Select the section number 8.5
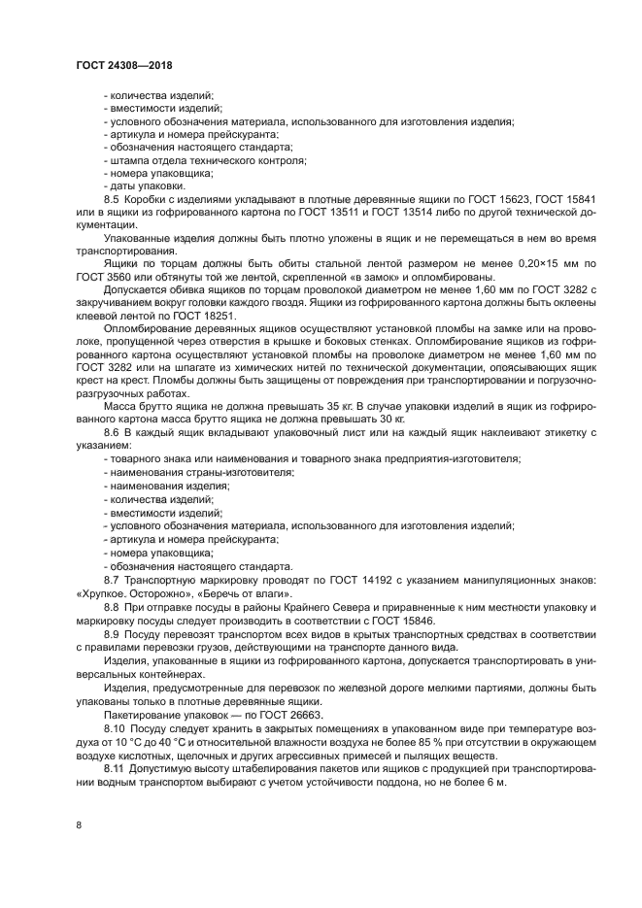(112, 198)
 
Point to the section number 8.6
(112, 430)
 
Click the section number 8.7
(112, 579)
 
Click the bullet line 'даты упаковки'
(143, 185)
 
